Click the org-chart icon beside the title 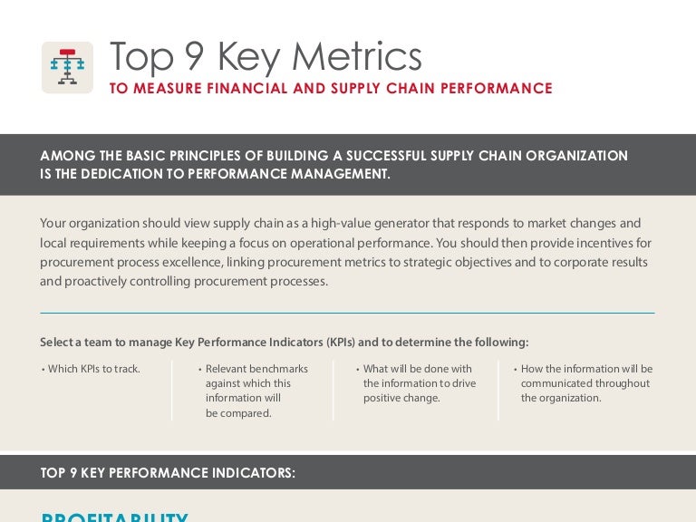(67, 67)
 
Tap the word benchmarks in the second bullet (279, 369)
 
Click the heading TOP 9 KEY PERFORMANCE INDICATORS (168, 472)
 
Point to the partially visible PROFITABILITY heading (114, 517)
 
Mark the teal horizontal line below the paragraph (347, 313)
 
